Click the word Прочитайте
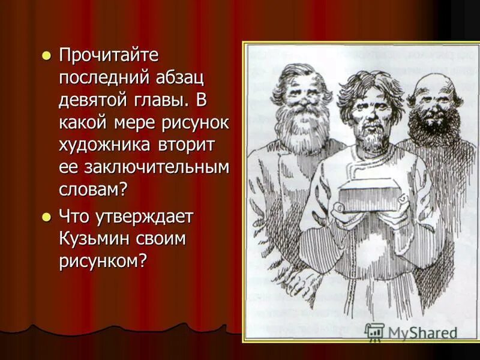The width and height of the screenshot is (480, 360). pos(109,56)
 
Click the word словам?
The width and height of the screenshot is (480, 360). pos(94,190)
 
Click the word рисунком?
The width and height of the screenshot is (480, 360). pos(103,261)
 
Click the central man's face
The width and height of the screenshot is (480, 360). pos(365,114)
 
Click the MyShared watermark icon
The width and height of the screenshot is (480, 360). pos(375,332)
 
